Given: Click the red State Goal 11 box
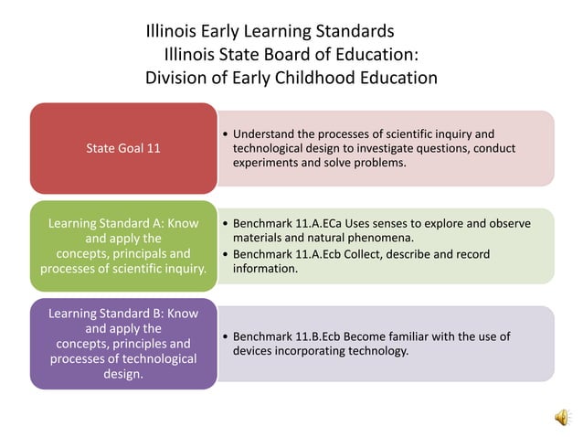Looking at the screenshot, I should pyautogui.click(x=123, y=147).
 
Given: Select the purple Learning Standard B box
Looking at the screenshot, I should pyautogui.click(x=123, y=344).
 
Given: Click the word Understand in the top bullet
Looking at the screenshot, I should pyautogui.click(x=268, y=134).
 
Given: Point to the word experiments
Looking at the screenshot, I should pyautogui.click(x=265, y=162).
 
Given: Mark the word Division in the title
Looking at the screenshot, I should pyautogui.click(x=176, y=78).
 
